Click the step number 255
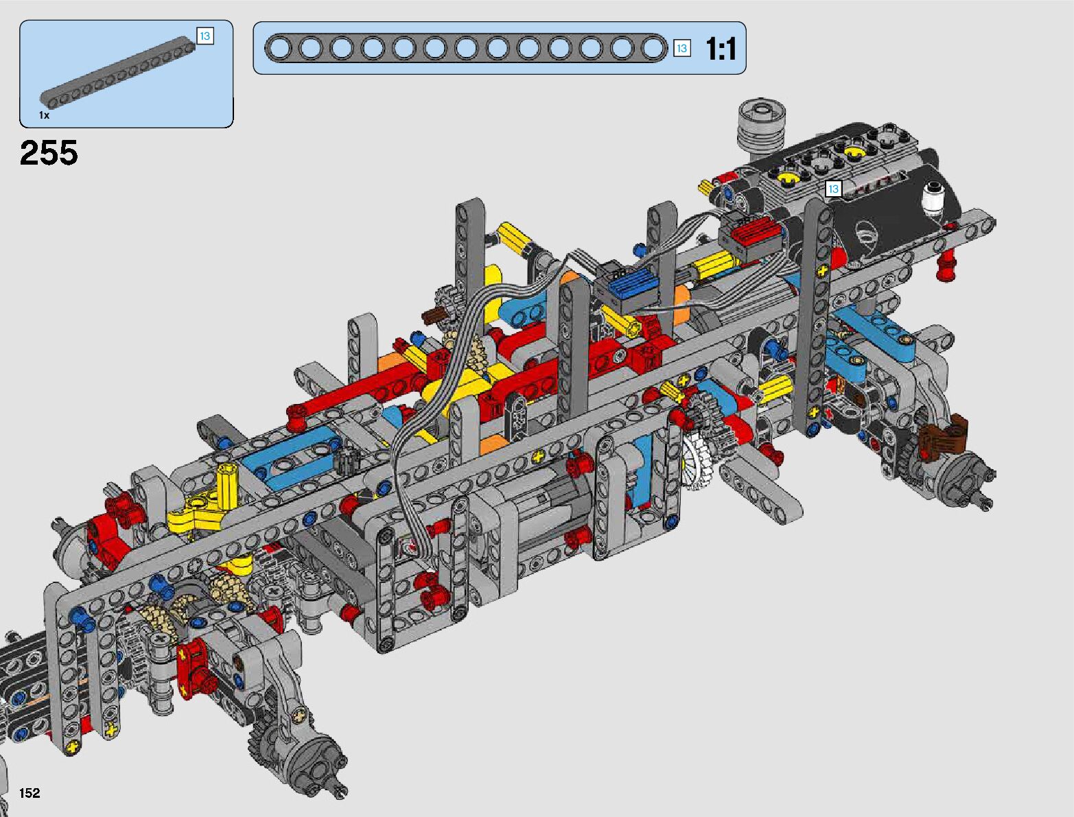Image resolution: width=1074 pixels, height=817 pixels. [49, 152]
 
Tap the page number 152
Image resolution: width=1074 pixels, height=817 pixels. [30, 792]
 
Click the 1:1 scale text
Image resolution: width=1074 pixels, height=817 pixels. [721, 49]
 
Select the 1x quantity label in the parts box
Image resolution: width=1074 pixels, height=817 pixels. [44, 115]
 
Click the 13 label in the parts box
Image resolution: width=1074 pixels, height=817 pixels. [205, 36]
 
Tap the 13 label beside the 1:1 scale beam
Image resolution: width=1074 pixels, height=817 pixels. [681, 49]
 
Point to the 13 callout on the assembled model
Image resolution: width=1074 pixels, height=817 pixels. [833, 189]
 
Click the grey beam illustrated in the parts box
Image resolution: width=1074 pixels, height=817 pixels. [117, 71]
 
